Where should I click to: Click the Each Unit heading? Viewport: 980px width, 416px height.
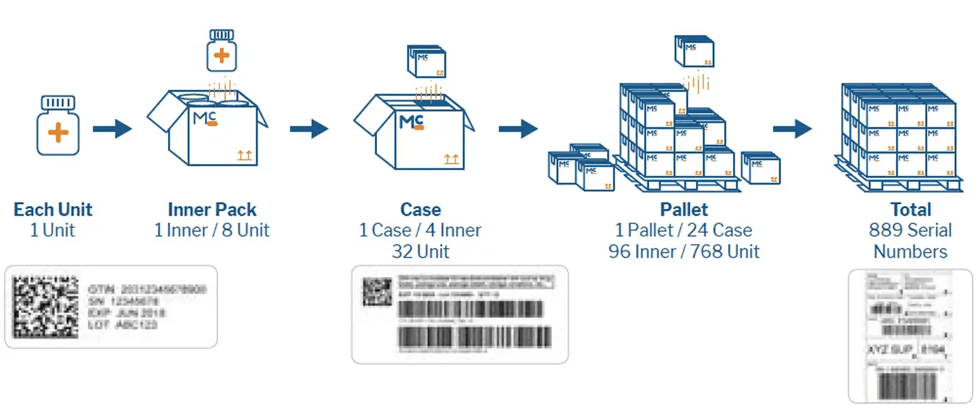click(52, 209)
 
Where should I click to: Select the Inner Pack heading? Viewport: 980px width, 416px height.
click(212, 209)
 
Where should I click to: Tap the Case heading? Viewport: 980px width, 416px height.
click(420, 209)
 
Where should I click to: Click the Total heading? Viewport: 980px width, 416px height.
click(910, 209)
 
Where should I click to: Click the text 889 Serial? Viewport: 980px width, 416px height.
click(910, 230)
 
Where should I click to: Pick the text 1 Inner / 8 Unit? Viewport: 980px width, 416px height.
click(212, 229)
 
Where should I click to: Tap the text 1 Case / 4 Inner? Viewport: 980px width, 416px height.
click(420, 230)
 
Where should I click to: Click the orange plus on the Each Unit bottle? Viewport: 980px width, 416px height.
click(57, 133)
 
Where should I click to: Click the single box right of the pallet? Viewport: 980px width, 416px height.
click(760, 168)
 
